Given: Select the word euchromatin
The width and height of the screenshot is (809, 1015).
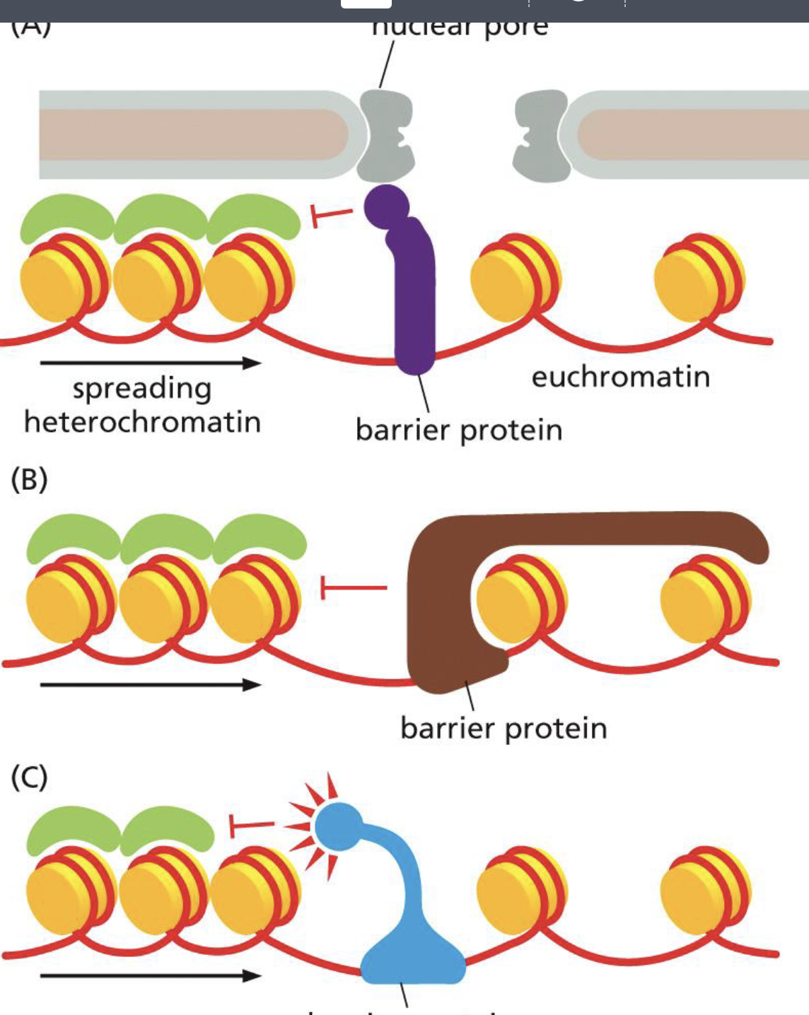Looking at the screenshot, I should [620, 377].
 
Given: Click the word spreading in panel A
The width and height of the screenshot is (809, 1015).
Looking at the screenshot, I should [141, 389].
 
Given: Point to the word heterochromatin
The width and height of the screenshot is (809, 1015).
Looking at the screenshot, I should [142, 422].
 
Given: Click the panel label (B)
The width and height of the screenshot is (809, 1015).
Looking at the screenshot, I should [29, 479].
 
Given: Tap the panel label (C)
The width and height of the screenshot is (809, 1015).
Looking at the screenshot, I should [29, 778].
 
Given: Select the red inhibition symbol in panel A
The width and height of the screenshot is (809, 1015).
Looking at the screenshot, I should [330, 214].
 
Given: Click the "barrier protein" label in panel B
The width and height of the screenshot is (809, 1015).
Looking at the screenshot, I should [503, 728].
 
